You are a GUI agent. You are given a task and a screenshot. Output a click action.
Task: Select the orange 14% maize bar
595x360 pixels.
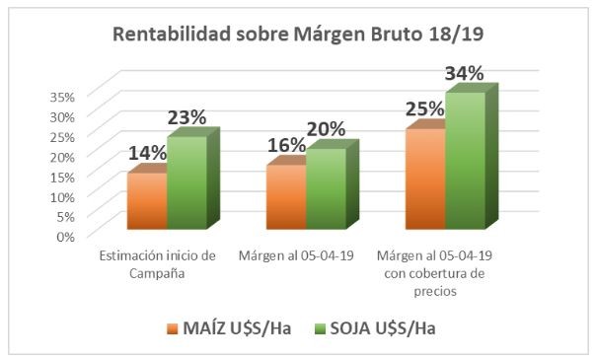[x=147, y=201]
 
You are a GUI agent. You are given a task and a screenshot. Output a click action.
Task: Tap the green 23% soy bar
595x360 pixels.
[x=187, y=182]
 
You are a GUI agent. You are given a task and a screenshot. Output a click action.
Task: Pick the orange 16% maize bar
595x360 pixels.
[x=286, y=197]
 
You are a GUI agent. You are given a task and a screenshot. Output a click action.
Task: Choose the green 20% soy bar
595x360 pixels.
[x=327, y=188]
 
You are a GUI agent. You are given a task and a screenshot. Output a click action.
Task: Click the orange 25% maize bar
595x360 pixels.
[x=425, y=180]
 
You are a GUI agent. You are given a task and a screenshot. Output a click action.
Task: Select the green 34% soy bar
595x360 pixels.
[x=466, y=161]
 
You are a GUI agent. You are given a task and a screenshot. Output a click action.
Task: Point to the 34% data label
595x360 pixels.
[x=464, y=73]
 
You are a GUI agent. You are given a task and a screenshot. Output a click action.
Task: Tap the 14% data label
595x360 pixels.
[x=147, y=153]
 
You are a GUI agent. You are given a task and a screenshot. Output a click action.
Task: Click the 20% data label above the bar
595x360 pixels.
[x=326, y=129]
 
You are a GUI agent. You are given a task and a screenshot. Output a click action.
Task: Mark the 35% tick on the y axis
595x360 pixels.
[x=62, y=97]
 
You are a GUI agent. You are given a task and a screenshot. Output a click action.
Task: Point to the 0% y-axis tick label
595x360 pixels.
[x=66, y=237]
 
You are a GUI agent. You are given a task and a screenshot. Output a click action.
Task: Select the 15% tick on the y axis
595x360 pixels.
[x=62, y=178]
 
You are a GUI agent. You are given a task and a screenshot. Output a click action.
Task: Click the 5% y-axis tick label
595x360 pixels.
[x=66, y=217]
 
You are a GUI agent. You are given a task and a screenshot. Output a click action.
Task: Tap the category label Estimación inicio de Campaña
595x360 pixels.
[x=157, y=264]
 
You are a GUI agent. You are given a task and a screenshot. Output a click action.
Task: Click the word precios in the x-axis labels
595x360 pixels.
[x=435, y=291]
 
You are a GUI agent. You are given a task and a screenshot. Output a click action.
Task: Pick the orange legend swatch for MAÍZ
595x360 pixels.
[x=173, y=328]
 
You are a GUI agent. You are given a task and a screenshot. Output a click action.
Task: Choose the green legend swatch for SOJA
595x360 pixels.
[x=320, y=328]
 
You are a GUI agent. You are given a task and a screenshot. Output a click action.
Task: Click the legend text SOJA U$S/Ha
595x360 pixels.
[x=383, y=328]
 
